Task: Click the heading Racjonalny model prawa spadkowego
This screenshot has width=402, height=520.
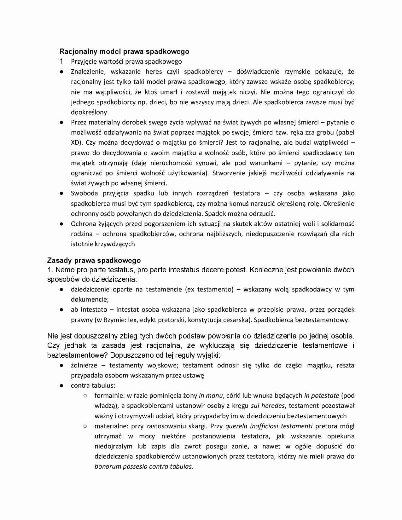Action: tap(124, 51)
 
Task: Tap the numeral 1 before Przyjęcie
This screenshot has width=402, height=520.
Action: tap(61, 61)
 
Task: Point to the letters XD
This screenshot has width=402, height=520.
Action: tap(75, 142)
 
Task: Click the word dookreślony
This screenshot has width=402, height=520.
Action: tap(89, 112)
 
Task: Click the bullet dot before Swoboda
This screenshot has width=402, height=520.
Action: tap(62, 193)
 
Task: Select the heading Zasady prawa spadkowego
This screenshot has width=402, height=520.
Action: tap(94, 260)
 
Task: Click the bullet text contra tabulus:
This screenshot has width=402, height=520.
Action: tap(93, 385)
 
